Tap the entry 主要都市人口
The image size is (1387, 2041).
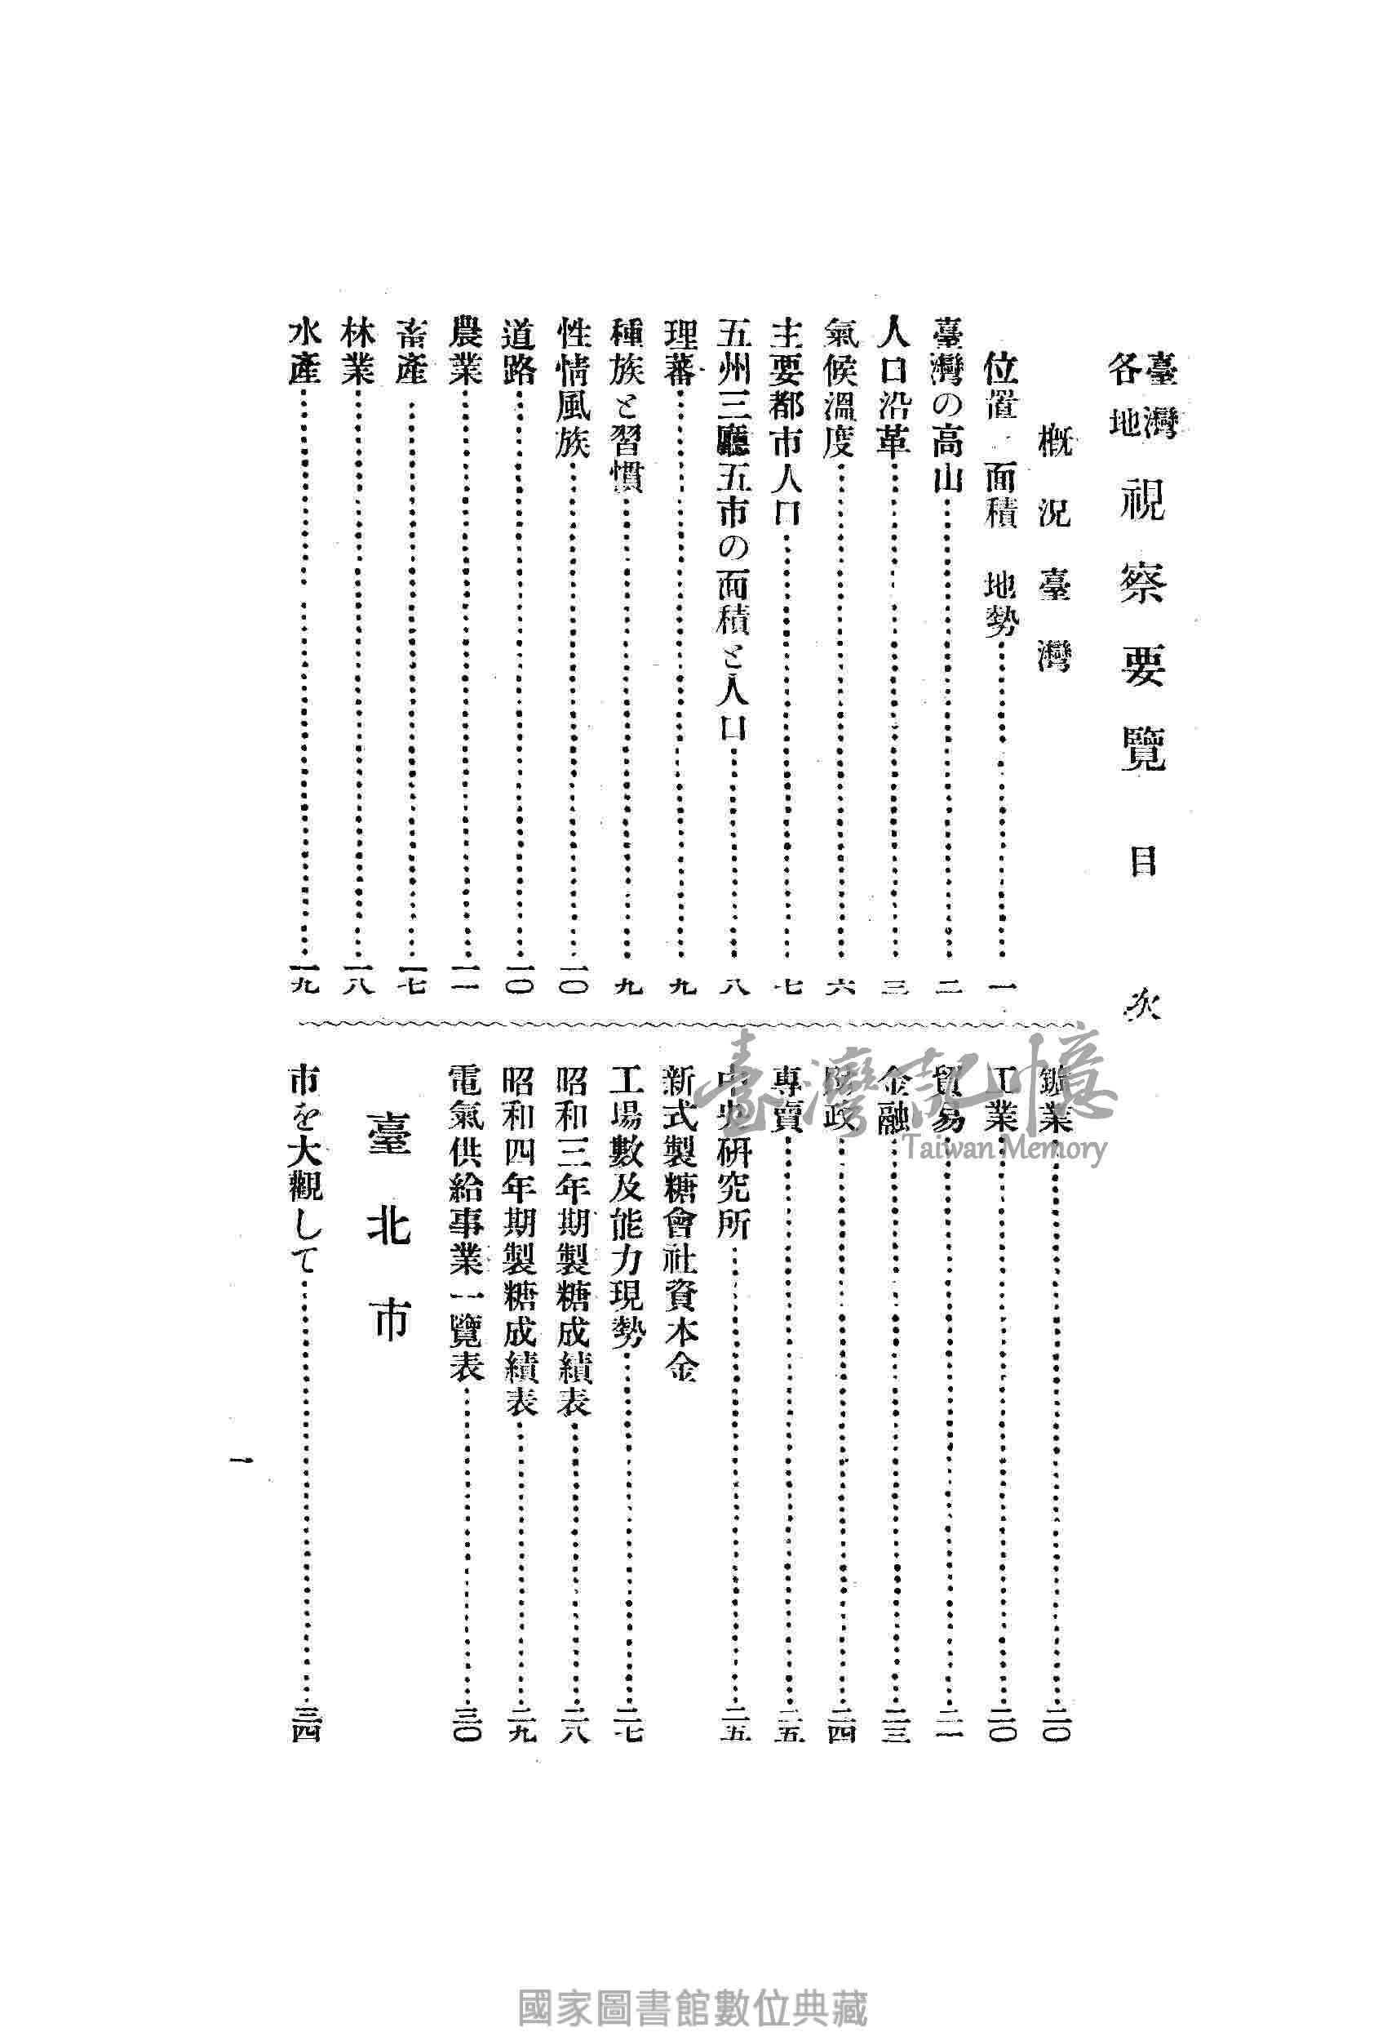coord(786,420)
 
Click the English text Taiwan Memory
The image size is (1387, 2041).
coord(1000,1149)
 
